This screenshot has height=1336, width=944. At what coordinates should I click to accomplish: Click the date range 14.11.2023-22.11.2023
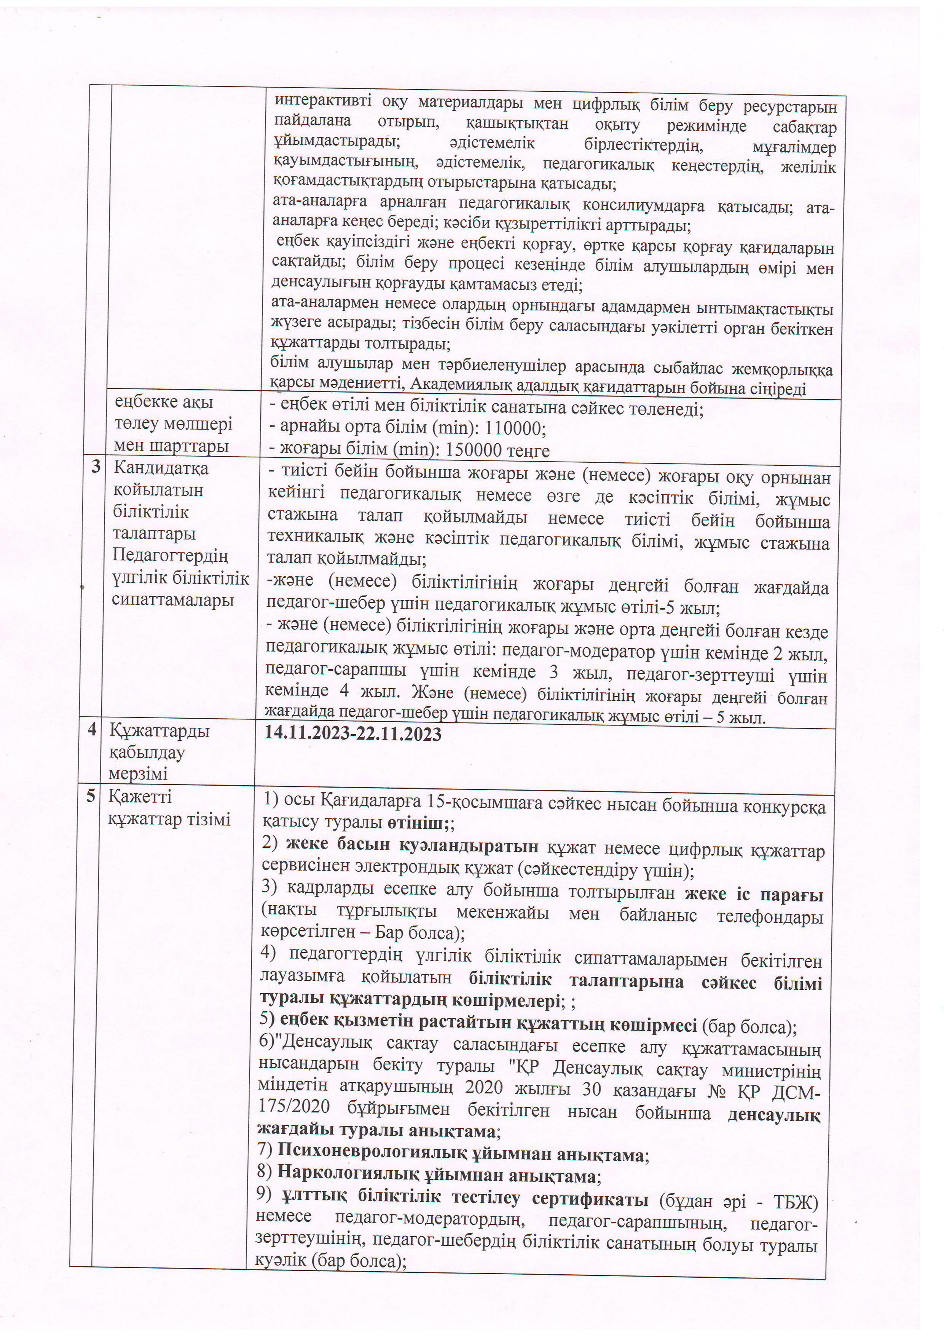(353, 734)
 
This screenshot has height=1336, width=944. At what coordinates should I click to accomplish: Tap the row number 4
(92, 730)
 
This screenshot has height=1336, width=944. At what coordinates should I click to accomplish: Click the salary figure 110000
(513, 428)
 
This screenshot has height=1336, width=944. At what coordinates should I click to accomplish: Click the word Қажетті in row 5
(132, 796)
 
